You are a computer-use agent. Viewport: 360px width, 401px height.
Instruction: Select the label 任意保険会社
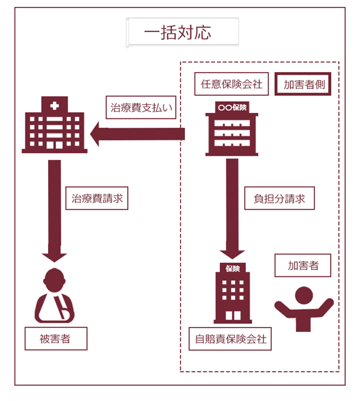[232, 84]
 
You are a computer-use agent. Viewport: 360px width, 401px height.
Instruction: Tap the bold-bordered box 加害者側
[303, 84]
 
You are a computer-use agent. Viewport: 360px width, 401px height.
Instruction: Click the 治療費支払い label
[141, 107]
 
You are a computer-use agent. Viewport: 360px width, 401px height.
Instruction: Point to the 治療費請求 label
[97, 198]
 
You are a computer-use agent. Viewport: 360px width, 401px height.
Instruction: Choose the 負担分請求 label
[279, 198]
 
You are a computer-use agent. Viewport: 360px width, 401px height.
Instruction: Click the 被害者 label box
[56, 339]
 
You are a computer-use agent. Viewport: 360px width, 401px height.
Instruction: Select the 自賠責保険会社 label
[230, 339]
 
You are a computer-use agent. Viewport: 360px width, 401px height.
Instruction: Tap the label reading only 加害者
[303, 265]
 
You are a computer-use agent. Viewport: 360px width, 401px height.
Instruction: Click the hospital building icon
[54, 125]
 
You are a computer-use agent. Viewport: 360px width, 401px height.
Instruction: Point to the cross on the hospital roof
[54, 105]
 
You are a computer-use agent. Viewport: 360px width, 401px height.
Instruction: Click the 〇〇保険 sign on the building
[232, 107]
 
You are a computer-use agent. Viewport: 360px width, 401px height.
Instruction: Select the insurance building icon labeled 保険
[232, 293]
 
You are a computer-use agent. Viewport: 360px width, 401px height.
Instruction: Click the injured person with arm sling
[54, 296]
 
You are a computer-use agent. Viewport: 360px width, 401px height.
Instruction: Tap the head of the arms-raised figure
[304, 296]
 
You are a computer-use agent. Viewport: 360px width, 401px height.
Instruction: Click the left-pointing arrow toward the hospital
[137, 134]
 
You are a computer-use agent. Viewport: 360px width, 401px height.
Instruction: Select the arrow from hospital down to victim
[54, 211]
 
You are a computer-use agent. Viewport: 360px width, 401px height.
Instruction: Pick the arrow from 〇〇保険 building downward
[232, 209]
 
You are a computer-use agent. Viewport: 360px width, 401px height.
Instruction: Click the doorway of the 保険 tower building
[233, 315]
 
